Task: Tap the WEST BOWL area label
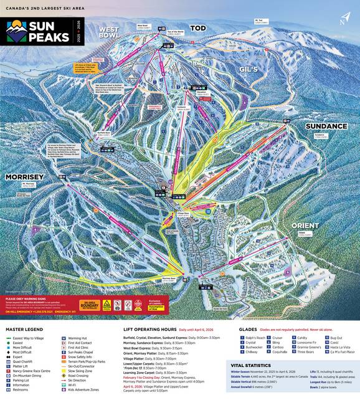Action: pyautogui.click(x=108, y=32)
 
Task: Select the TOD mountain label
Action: pyautogui.click(x=198, y=29)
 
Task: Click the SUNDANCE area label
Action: pyautogui.click(x=326, y=126)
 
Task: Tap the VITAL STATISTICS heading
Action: pyautogui.click(x=253, y=366)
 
